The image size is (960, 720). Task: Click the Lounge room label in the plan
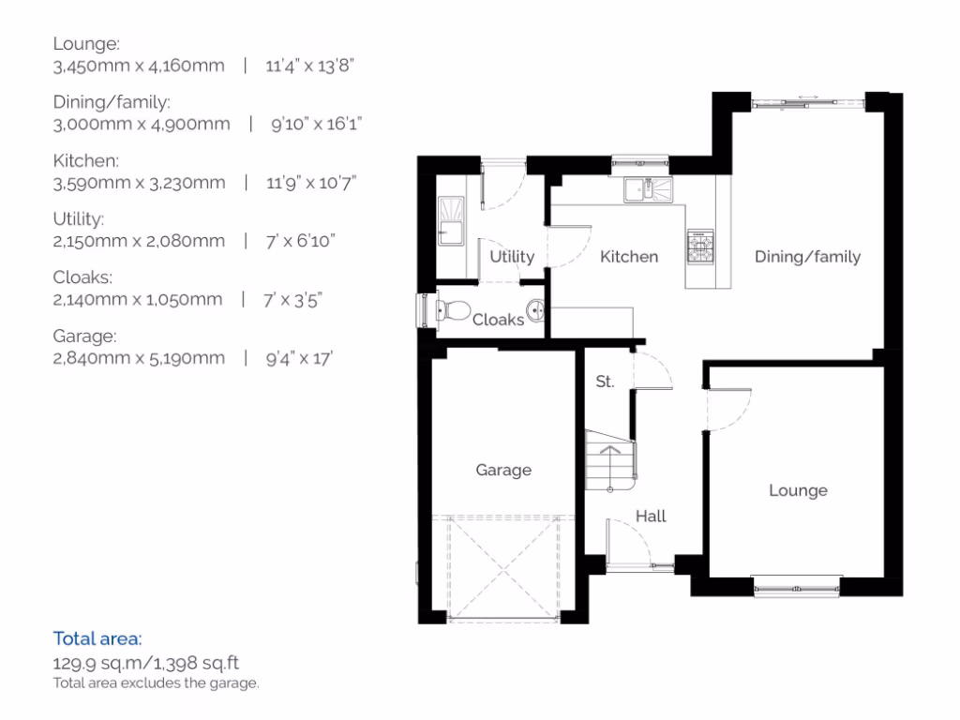798,490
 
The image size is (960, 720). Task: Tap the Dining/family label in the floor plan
807,257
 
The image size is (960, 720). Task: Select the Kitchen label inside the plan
629,257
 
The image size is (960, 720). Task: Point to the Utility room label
512,257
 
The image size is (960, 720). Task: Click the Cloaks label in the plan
498,320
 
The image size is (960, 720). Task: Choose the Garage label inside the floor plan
503,471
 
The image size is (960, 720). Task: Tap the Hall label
651,516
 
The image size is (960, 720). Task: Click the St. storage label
605,382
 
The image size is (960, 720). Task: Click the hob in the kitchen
699,247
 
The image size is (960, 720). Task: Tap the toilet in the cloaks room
453,309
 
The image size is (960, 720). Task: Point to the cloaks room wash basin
535,309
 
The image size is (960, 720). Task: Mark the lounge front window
796,589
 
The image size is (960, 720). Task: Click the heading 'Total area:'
97,639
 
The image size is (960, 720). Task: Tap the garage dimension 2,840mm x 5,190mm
139,357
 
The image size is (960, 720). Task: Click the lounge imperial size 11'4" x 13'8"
310,66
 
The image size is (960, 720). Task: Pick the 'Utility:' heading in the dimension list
79,218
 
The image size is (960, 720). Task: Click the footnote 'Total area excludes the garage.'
156,683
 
